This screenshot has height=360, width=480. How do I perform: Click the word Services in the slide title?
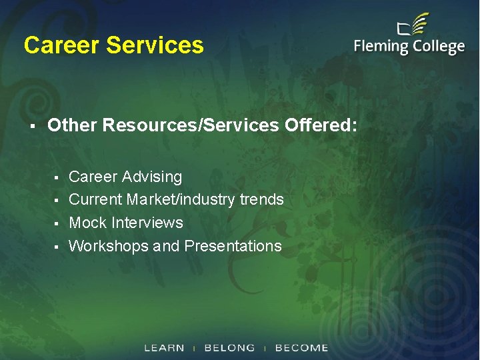point(155,45)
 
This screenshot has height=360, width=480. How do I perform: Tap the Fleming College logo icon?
point(413,27)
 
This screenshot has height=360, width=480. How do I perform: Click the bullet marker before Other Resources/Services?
point(32,125)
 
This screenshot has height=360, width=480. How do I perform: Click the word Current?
point(95,199)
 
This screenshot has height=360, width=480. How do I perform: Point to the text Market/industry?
point(180,199)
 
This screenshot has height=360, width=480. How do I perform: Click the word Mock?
point(88,223)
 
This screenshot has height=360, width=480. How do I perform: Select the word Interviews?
point(147,223)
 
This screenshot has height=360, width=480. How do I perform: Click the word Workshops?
point(109,246)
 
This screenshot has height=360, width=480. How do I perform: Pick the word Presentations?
point(233,246)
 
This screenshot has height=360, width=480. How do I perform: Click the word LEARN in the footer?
point(164,348)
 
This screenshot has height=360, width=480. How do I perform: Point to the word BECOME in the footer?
point(301,348)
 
